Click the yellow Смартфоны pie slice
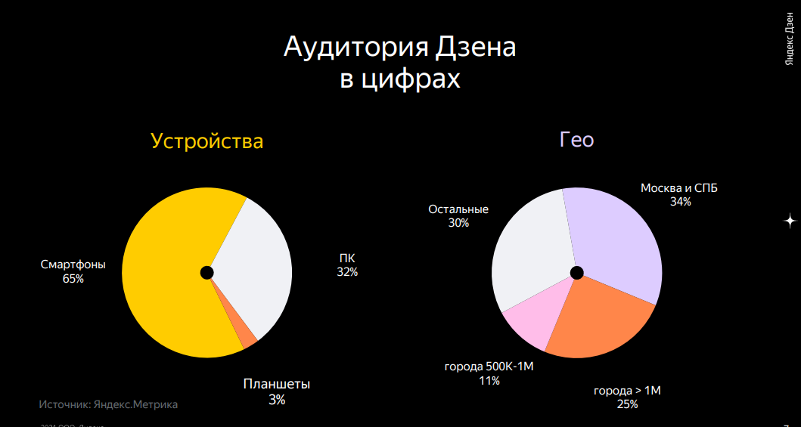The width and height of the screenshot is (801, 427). (x=163, y=280)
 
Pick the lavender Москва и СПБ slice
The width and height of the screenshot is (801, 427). (x=613, y=242)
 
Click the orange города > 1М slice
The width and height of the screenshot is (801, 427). (x=598, y=321)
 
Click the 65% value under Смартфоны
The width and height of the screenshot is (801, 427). (x=73, y=279)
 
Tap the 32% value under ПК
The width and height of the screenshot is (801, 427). (x=347, y=272)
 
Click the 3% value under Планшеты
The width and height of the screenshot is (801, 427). (x=277, y=400)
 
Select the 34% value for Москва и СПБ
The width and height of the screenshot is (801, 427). (x=680, y=202)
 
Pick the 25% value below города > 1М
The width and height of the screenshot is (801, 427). (x=627, y=404)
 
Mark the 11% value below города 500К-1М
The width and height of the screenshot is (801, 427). (x=489, y=381)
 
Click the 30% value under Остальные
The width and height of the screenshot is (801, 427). (x=458, y=223)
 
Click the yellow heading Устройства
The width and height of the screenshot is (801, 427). (x=207, y=141)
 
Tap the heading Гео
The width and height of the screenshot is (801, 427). (x=576, y=140)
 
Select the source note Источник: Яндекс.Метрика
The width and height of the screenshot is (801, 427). (x=108, y=404)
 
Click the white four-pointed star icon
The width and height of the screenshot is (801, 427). (x=790, y=221)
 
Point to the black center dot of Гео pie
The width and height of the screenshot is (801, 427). (x=577, y=272)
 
